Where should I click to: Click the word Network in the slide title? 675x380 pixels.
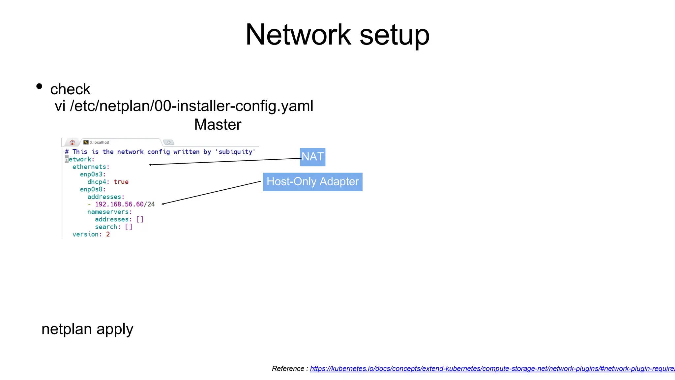298,35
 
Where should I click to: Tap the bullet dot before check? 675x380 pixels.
39,86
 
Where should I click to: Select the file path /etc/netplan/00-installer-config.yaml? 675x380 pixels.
191,106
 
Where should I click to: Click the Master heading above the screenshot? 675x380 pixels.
218,125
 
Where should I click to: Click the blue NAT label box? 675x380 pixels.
312,157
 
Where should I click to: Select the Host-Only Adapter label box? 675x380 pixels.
312,182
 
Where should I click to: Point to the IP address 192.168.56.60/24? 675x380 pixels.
125,204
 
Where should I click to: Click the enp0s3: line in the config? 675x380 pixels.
93,174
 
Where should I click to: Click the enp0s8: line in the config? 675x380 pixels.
93,189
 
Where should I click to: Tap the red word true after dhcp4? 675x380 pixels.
121,182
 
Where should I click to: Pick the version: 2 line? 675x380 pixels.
91,234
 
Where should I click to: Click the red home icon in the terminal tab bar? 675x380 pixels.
72,142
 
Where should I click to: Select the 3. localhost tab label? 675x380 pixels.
99,142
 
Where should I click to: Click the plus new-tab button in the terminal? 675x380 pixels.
169,142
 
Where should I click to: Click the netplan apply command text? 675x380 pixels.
87,329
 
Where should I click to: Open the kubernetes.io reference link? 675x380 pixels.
491,369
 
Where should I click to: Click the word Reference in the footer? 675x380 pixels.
288,369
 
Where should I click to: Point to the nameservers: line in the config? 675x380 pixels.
109,212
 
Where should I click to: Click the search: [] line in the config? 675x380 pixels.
113,227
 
